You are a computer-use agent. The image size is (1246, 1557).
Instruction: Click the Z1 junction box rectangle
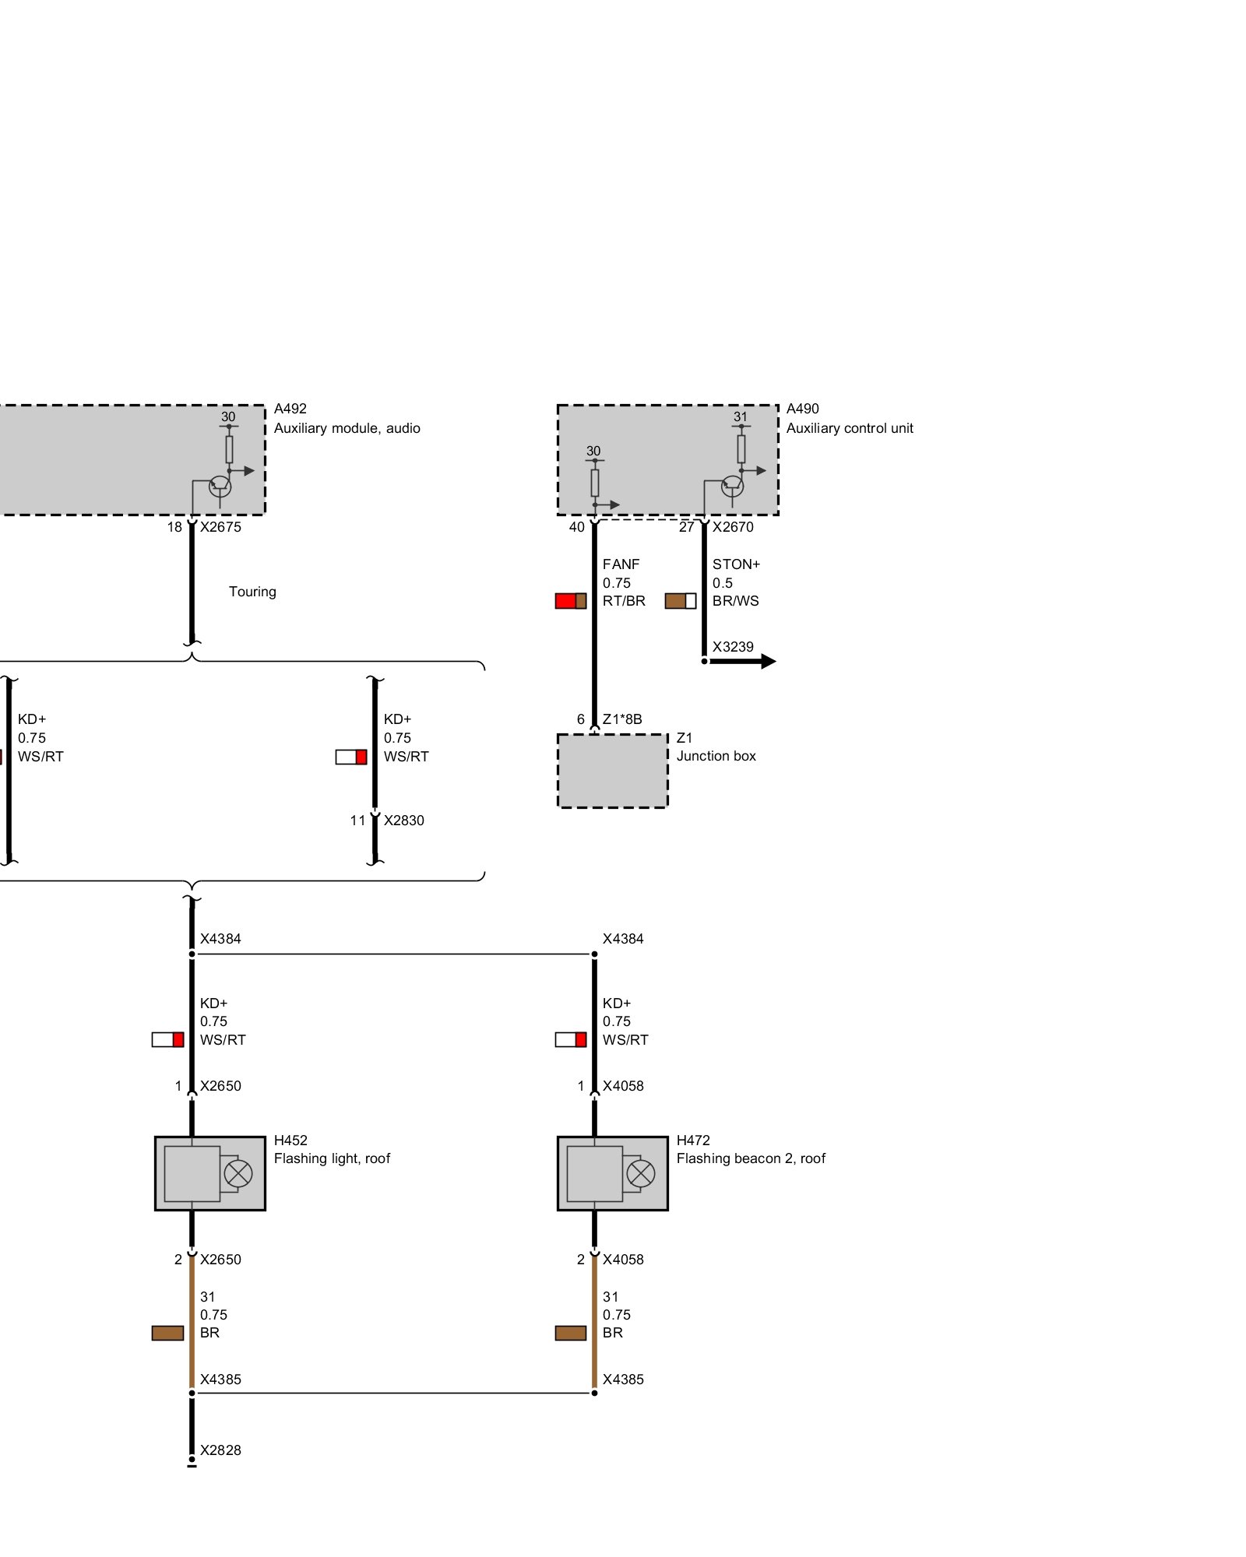point(612,771)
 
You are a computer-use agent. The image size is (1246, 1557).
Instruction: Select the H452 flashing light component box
point(209,1173)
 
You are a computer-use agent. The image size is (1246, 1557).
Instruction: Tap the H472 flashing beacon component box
point(612,1173)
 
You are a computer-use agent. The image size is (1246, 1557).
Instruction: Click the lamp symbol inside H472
point(641,1173)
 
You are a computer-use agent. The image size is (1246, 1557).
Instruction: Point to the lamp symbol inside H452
point(238,1173)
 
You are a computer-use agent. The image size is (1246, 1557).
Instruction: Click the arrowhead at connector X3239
point(768,662)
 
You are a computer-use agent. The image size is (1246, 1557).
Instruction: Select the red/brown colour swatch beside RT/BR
point(570,601)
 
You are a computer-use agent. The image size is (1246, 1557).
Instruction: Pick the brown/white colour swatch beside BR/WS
point(680,601)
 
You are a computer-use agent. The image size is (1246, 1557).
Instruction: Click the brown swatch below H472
point(570,1333)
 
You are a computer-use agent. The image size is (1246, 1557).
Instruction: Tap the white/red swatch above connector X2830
point(350,757)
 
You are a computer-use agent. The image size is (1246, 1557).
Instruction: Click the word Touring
point(252,592)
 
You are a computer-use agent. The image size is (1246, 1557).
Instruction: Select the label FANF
point(621,564)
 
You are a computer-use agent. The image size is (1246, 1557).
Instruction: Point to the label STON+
point(736,564)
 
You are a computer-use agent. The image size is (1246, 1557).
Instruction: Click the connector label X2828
point(220,1450)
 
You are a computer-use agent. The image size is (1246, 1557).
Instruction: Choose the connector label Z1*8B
point(622,719)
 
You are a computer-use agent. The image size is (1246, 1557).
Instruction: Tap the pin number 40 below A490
point(576,527)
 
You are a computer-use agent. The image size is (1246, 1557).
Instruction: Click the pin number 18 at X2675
point(174,527)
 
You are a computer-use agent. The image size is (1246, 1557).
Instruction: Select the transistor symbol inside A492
point(220,487)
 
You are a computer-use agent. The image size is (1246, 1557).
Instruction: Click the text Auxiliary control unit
point(850,428)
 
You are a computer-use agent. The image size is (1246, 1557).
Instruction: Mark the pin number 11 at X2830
point(357,821)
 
